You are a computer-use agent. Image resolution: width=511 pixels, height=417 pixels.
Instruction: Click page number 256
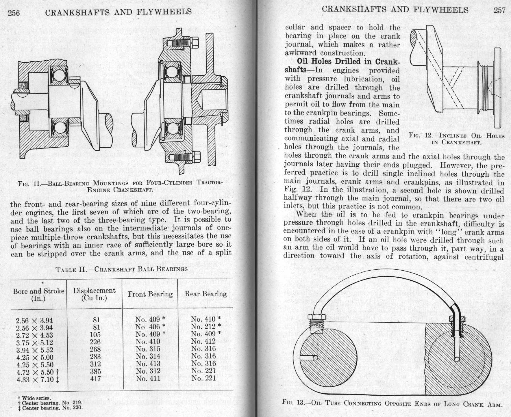coord(14,13)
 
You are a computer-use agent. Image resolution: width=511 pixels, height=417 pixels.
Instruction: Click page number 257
coord(499,10)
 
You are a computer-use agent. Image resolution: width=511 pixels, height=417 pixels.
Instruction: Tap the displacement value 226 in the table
coord(95,342)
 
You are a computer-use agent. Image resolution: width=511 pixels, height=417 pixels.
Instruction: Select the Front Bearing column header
coord(150,294)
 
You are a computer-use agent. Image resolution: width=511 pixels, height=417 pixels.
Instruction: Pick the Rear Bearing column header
coord(205,294)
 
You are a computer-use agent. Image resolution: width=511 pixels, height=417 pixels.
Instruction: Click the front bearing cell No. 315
coord(148,349)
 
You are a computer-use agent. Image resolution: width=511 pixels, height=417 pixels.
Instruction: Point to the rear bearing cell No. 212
coord(206,326)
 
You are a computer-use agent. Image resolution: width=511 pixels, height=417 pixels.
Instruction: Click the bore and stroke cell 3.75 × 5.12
coord(34,342)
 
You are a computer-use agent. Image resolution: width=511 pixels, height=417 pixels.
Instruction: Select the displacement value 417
coord(95,378)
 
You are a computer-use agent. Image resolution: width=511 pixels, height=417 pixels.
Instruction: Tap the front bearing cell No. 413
coord(148,364)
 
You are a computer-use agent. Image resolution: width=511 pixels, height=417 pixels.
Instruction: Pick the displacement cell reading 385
coord(95,371)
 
